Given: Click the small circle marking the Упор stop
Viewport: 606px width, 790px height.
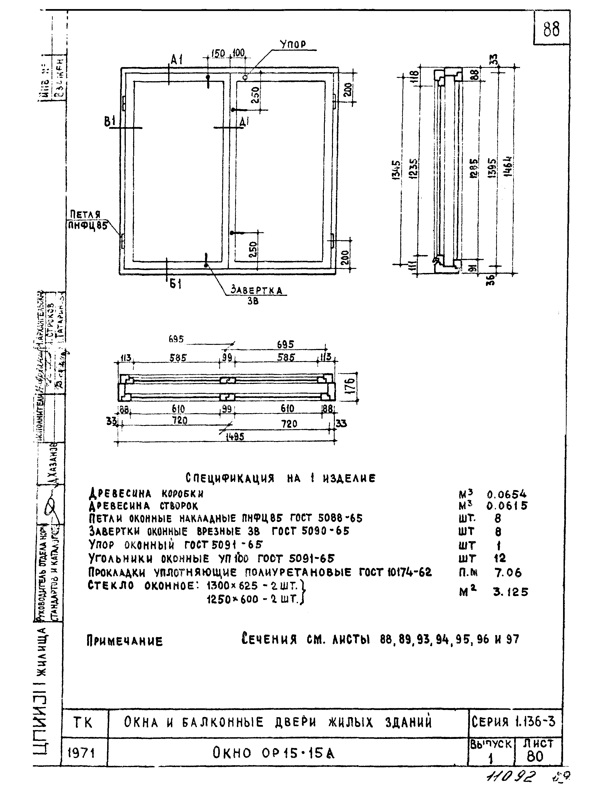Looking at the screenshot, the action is pos(245,77).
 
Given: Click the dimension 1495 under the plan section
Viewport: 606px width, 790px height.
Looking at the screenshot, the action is pos(235,437).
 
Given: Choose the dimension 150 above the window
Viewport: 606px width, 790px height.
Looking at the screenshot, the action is pos(218,54).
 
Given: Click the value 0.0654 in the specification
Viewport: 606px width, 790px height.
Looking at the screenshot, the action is pos(506,494).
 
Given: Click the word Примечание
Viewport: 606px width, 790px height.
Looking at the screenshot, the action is pos(124,641).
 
